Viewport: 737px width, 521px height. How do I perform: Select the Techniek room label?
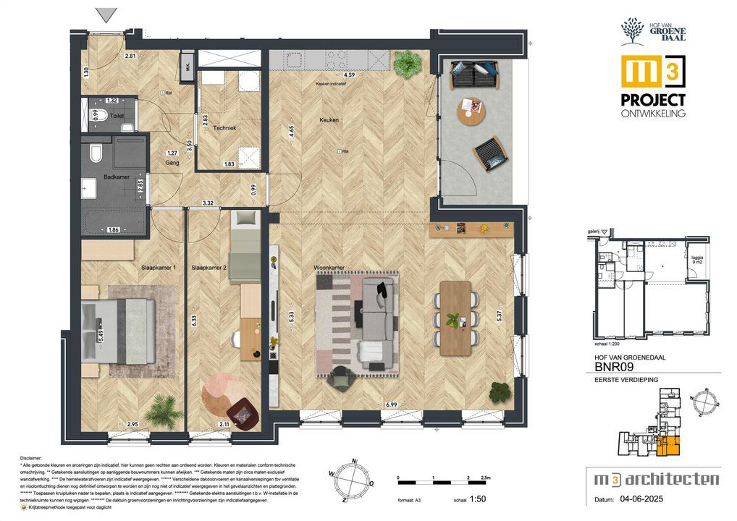[224, 128]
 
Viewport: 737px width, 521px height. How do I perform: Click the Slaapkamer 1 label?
[158, 267]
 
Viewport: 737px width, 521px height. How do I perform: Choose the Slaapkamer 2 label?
[209, 267]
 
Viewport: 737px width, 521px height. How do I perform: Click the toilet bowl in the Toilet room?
[102, 114]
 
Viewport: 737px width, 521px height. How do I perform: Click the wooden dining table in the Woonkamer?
[455, 317]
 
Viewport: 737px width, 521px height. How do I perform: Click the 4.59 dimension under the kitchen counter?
[349, 75]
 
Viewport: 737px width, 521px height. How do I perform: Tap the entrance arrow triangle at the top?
[107, 14]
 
